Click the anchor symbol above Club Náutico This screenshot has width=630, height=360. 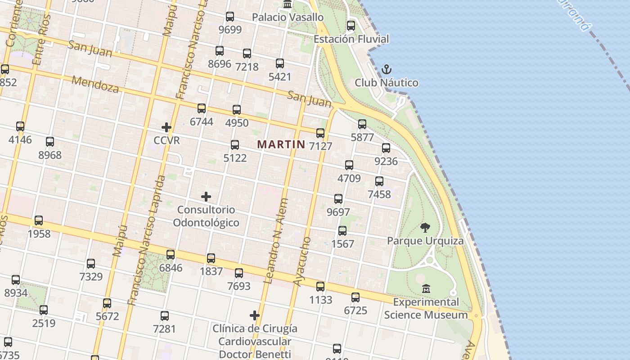pos(386,69)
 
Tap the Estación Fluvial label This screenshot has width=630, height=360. pos(351,39)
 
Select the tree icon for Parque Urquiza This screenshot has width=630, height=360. pos(425,227)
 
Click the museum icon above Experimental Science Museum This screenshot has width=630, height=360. pos(426,288)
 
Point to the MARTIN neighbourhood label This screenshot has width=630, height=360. pos(281,144)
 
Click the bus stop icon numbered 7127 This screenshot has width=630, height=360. pos(320,133)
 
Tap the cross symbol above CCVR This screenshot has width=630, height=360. pos(166,127)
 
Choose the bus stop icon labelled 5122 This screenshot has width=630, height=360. pos(235,145)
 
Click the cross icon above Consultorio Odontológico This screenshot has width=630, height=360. pos(206,197)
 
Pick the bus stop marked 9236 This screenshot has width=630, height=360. pos(386,148)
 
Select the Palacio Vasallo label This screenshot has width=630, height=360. pos(288,17)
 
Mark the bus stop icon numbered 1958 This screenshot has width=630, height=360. pos(39,220)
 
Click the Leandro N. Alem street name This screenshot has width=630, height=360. pos(276,241)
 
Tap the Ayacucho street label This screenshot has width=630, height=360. pos(302,261)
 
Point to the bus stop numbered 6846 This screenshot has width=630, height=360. pos(171,255)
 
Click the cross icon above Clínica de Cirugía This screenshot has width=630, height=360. pos(255,315)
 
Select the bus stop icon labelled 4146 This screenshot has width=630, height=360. pos(20,126)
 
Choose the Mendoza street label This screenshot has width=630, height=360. pos(95,84)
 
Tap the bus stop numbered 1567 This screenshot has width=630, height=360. pos(342,231)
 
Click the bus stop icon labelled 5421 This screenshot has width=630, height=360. pos(280,63)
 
